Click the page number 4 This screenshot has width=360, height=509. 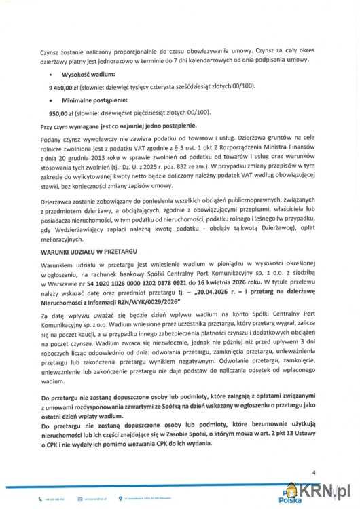pyautogui.click(x=314, y=472)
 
